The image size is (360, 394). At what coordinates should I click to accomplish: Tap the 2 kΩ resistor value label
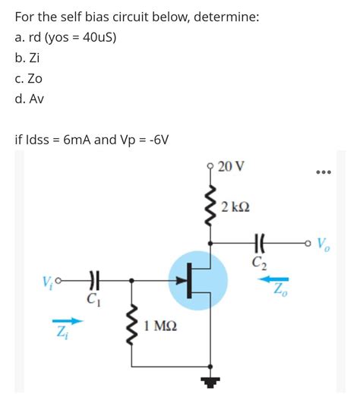tap(235, 207)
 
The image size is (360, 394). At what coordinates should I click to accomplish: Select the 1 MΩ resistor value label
tap(160, 326)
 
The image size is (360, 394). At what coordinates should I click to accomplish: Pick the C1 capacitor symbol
tap(95, 280)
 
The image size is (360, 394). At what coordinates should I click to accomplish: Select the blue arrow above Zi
tap(65, 321)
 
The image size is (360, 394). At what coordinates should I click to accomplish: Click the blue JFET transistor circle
tap(197, 280)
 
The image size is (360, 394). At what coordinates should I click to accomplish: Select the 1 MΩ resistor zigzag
tap(134, 325)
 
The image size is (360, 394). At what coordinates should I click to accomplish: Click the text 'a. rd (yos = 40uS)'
tap(65, 37)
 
